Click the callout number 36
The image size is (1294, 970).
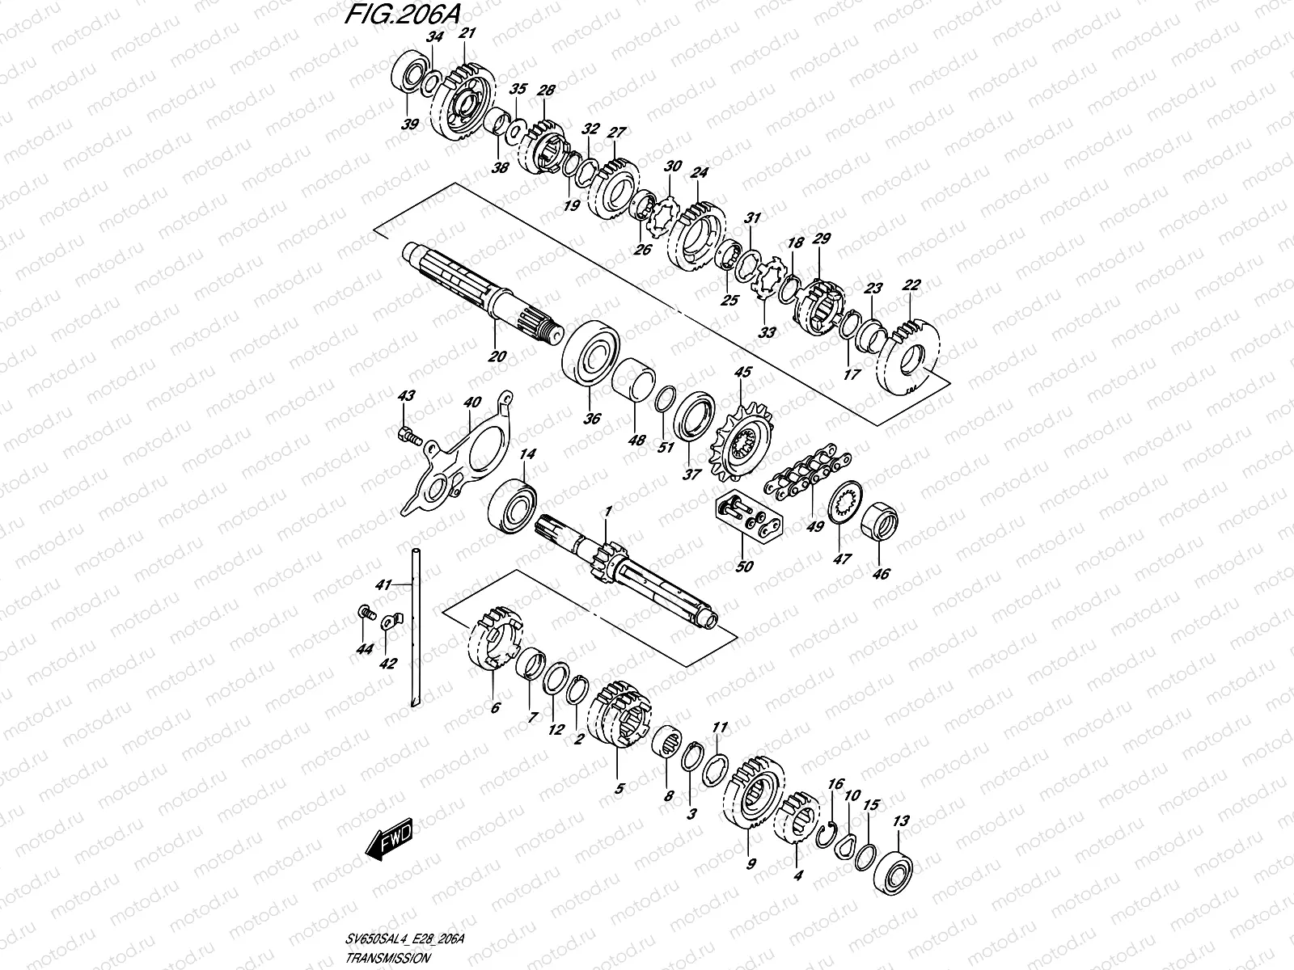coord(593,419)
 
